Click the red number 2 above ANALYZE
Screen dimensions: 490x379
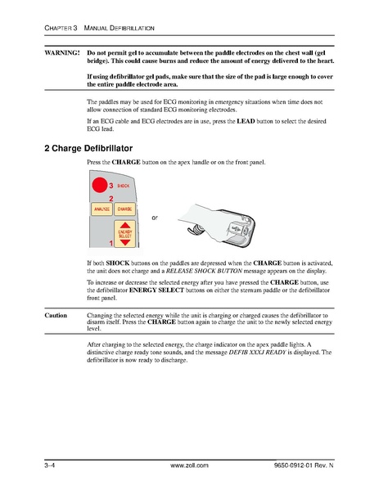tap(111, 199)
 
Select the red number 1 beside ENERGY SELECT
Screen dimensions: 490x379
tap(110, 244)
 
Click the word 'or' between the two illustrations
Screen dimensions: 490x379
tap(156, 218)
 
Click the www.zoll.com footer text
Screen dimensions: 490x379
tap(189, 465)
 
